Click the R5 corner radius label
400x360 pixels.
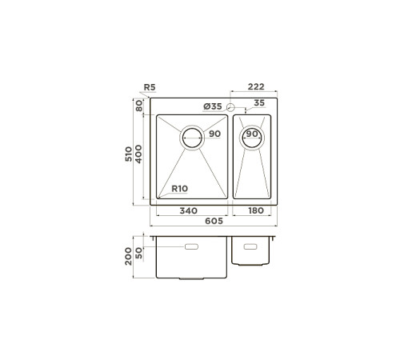pyautogui.click(x=149, y=87)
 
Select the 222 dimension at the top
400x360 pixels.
pyautogui.click(x=256, y=86)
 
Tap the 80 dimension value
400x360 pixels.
pyautogui.click(x=139, y=104)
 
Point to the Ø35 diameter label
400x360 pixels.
pyautogui.click(x=212, y=106)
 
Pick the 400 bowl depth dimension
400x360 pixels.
pyautogui.click(x=139, y=156)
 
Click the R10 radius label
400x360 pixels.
pyautogui.click(x=180, y=189)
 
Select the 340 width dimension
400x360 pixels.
pyautogui.click(x=189, y=211)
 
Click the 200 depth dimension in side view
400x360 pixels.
pyautogui.click(x=130, y=255)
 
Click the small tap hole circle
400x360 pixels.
pyautogui.click(x=231, y=107)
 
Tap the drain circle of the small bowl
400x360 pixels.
pyautogui.click(x=251, y=137)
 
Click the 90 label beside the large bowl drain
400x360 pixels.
pyautogui.click(x=214, y=134)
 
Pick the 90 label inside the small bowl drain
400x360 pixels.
pyautogui.click(x=251, y=134)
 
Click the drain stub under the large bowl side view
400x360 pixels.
pyautogui.click(x=192, y=279)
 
